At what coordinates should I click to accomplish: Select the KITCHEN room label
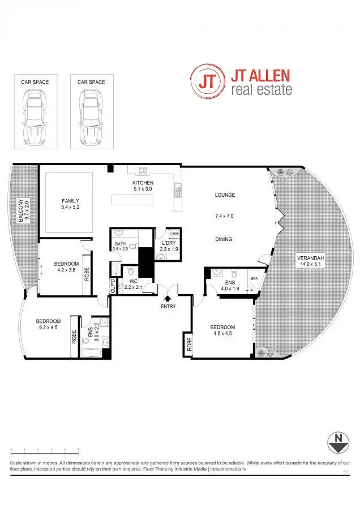coord(143,183)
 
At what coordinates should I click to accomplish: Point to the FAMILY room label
coord(70,201)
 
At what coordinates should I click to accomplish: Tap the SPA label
coord(254,279)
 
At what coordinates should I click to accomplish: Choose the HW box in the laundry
coord(174,234)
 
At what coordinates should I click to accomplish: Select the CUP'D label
coord(113,286)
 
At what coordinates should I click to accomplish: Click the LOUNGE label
coord(225,195)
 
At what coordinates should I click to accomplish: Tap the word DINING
coord(224,239)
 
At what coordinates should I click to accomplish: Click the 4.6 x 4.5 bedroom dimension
coord(222,334)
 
